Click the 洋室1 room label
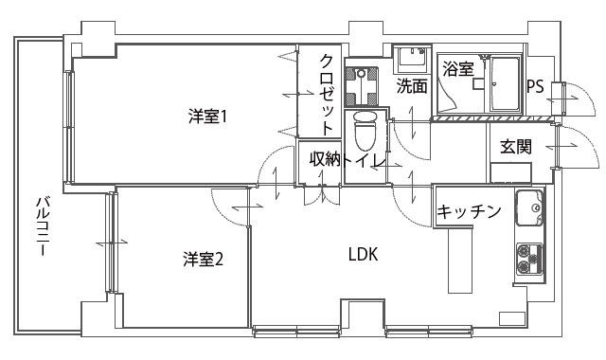coord(211,117)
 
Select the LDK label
coord(363,254)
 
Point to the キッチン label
coord(468,212)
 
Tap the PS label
coord(535,86)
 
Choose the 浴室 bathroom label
coord(458,69)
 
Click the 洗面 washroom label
coord(411,86)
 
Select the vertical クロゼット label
coord(326,92)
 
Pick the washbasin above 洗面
coord(411,57)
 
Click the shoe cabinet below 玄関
coord(510,173)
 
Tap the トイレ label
coord(364,160)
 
